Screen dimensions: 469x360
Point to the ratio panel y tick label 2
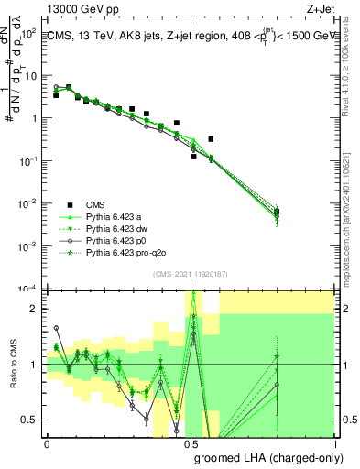(35, 309)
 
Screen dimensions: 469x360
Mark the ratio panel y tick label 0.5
(30, 420)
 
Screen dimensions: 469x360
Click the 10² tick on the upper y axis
(29, 32)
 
